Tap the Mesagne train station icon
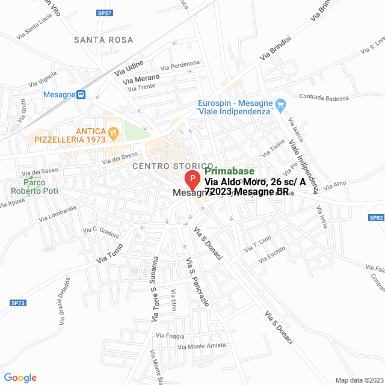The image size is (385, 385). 81,94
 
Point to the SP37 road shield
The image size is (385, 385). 104,13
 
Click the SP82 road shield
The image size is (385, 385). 377,217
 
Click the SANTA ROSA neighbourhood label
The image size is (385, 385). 103,40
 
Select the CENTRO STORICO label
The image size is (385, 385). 173,165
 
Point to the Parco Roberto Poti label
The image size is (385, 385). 32,186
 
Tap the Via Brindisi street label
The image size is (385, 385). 275,48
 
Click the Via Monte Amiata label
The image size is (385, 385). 202,345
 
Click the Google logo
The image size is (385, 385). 20,378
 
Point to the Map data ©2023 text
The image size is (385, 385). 359,380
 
